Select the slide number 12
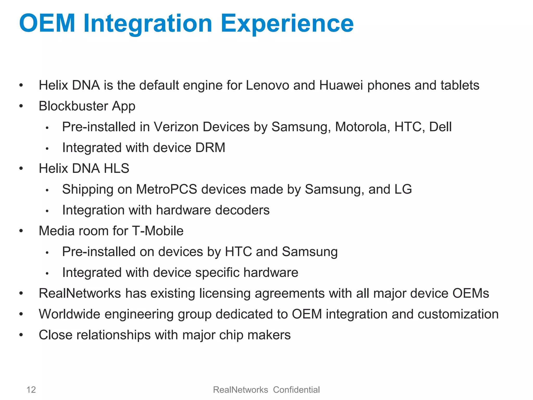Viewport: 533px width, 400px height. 31,390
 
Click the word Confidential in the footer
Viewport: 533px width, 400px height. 296,390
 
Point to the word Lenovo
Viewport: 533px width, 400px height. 267,85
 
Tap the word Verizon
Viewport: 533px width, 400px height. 176,127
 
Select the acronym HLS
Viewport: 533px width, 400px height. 116,168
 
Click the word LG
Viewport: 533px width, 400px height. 403,189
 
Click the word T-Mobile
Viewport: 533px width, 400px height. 158,231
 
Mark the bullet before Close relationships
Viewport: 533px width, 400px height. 21,335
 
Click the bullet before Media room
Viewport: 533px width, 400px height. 21,231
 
